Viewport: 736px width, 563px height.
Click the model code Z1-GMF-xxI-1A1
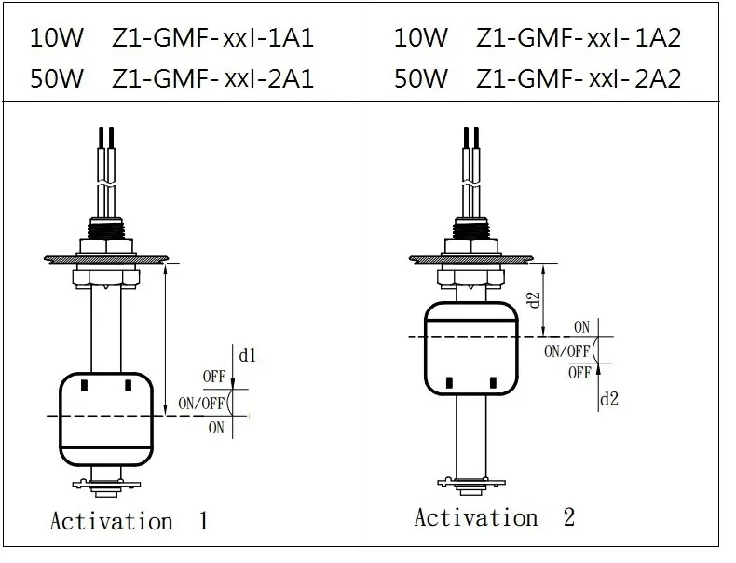(212, 38)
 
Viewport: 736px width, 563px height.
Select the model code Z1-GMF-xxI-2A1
(212, 78)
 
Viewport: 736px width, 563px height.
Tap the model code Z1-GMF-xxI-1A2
(579, 38)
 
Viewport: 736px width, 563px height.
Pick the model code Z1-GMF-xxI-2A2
(579, 78)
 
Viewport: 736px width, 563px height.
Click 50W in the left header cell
(58, 78)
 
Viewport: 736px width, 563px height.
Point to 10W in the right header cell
(421, 38)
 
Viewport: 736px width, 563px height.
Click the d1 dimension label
(249, 355)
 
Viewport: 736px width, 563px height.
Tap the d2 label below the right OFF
(608, 398)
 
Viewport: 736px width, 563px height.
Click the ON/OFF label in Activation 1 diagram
(200, 404)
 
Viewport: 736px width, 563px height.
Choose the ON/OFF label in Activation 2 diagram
(567, 350)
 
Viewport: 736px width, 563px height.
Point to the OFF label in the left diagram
(213, 378)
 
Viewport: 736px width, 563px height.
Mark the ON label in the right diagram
(581, 326)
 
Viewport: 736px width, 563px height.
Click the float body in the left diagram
(107, 419)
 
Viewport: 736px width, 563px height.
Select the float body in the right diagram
(470, 349)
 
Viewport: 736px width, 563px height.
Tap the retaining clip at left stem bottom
(106, 484)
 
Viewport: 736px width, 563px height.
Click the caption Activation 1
(129, 520)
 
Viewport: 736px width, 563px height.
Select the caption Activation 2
(495, 516)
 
